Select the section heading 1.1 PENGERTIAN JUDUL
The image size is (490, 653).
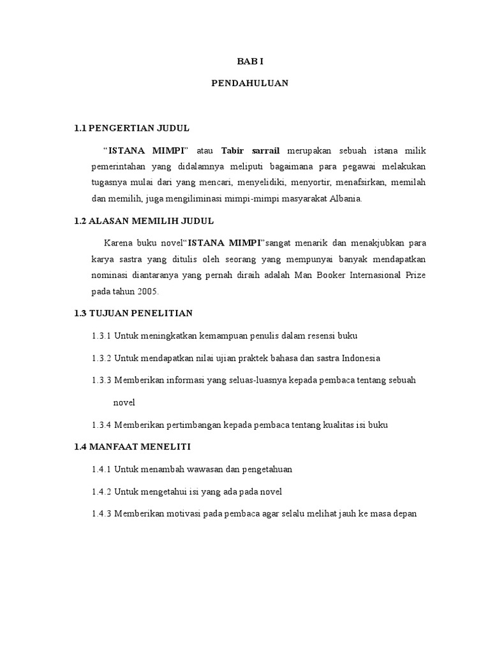(132, 128)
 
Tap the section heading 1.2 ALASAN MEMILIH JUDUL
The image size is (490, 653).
(144, 221)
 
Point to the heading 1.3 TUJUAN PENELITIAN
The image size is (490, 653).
(133, 313)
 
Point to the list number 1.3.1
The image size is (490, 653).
(102, 335)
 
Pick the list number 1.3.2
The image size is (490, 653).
(102, 358)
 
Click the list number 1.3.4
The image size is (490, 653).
(102, 425)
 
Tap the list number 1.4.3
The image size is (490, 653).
(102, 514)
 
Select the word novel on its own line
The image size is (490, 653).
(124, 403)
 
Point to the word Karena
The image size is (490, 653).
(117, 243)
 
